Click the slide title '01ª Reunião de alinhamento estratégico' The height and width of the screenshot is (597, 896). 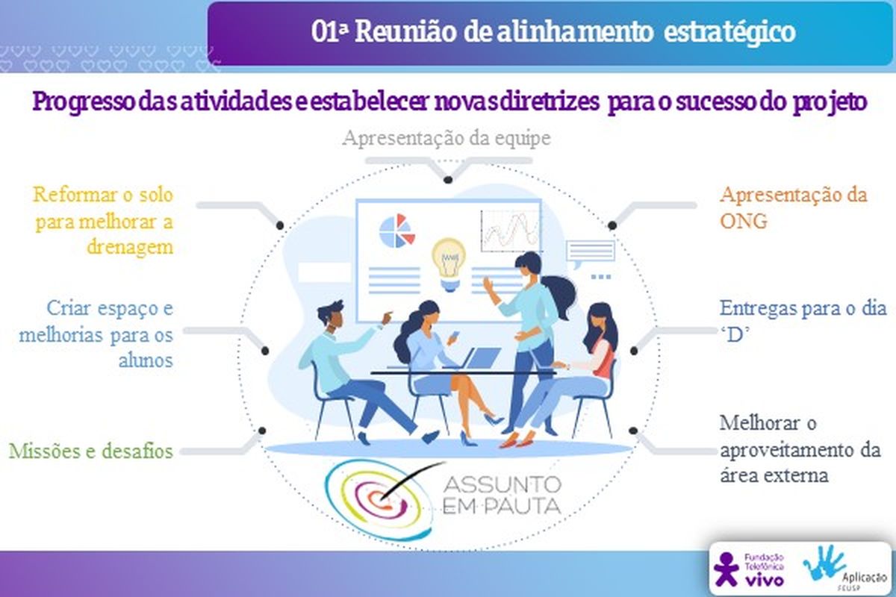click(553, 32)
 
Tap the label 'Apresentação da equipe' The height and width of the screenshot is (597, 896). click(447, 138)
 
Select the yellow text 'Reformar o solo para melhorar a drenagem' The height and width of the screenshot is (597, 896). click(103, 221)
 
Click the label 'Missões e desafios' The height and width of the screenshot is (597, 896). click(91, 451)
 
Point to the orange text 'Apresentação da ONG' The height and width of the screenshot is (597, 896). click(794, 208)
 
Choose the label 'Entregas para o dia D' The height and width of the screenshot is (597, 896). click(803, 321)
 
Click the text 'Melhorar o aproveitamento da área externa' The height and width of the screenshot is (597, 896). click(800, 449)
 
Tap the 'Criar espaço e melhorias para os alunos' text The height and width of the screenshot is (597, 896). click(96, 334)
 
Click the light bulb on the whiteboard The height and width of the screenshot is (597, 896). click(449, 263)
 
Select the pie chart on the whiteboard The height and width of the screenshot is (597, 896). click(396, 231)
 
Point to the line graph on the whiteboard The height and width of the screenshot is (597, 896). click(509, 231)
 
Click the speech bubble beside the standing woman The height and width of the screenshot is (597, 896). click(591, 254)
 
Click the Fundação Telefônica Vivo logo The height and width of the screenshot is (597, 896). click(749, 569)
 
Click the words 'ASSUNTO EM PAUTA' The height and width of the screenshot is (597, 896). click(503, 496)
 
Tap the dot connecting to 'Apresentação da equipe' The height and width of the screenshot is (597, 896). click(448, 180)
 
